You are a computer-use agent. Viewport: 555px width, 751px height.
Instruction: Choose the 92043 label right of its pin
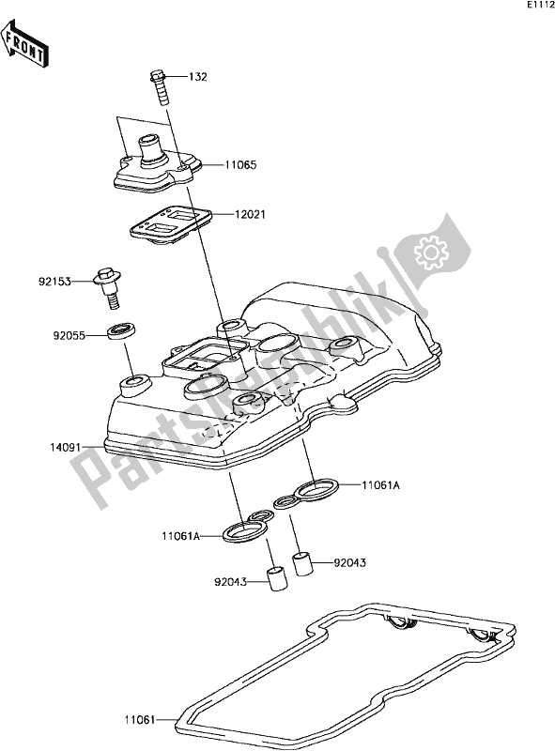coord(350,563)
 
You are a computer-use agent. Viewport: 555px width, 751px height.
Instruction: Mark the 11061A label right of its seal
coord(358,485)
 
